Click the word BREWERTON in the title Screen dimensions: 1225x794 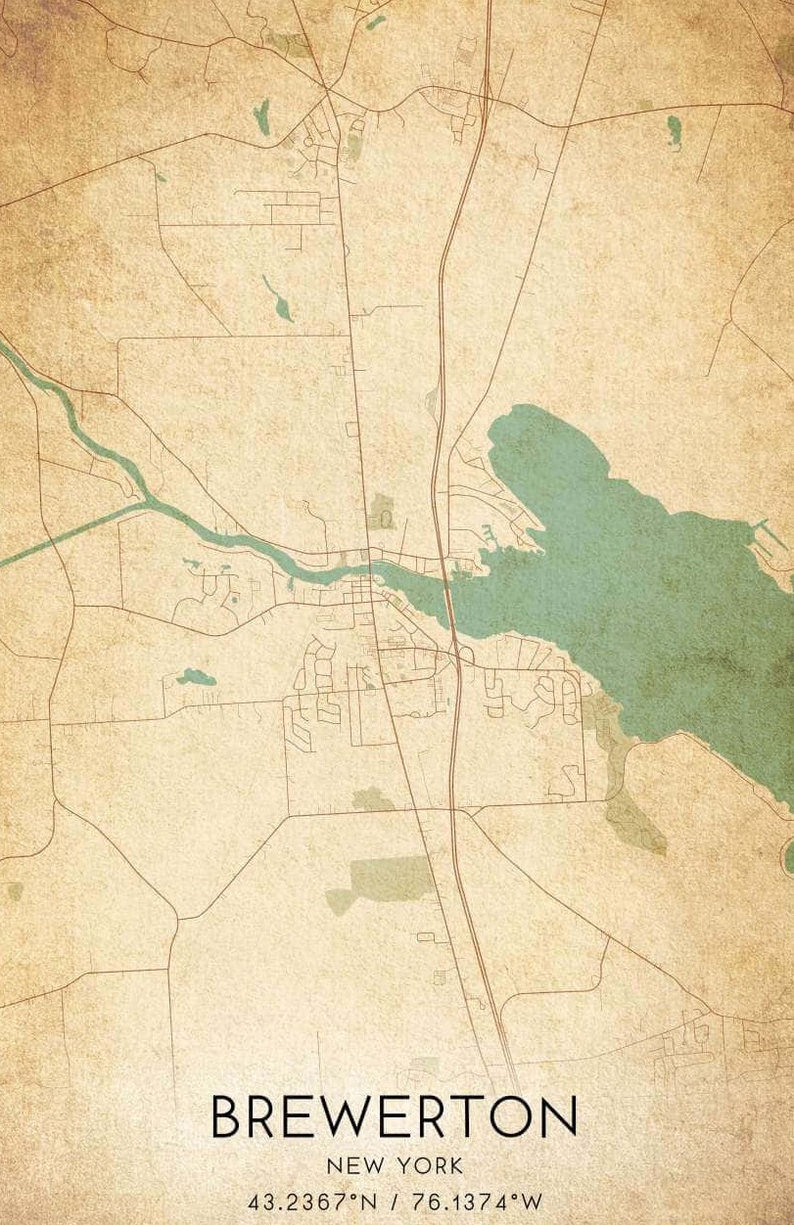[394, 1117]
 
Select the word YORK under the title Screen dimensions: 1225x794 [431, 1165]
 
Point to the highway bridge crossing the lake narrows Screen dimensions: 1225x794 [449, 597]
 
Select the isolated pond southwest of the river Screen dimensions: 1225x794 [196, 676]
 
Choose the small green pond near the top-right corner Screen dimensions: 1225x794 [674, 126]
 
